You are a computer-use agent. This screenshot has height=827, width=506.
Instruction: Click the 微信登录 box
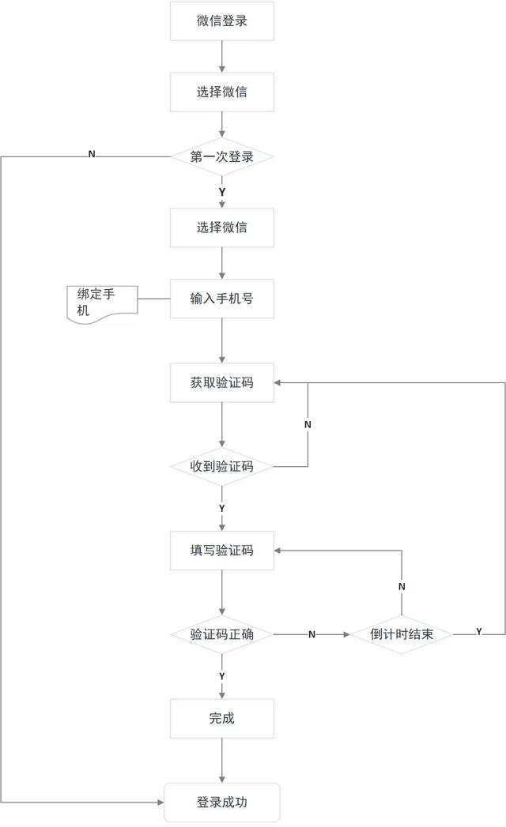tap(222, 21)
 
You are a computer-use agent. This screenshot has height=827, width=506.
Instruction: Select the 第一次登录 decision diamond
tap(222, 156)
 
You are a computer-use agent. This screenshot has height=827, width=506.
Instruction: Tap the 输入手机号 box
tap(222, 299)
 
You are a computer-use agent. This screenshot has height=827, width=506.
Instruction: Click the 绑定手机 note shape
tap(103, 304)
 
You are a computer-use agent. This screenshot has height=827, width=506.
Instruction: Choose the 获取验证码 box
tap(222, 382)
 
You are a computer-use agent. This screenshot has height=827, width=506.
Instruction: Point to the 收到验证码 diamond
tap(222, 466)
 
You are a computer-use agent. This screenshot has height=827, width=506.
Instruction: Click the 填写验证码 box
tap(222, 550)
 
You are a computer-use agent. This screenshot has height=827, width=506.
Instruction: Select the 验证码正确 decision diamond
tap(222, 634)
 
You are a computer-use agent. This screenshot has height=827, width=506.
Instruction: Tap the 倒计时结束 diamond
tap(402, 634)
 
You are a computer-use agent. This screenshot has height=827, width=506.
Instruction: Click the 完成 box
tap(222, 718)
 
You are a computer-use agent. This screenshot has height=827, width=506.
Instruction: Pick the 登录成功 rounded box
tap(222, 803)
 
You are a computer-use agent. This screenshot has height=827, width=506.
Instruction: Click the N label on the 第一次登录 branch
tap(92, 155)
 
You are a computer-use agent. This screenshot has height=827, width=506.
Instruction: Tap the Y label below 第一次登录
tap(222, 192)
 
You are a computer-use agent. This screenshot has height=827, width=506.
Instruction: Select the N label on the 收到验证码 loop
tap(308, 425)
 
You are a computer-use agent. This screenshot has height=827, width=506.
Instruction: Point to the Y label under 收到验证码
tap(222, 509)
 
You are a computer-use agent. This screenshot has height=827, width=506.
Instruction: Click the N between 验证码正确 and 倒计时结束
tap(312, 634)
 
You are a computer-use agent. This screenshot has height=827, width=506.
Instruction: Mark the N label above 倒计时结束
tap(402, 587)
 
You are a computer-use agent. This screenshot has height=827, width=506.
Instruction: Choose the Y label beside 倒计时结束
tap(479, 631)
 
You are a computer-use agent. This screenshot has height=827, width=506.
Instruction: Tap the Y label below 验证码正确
tap(222, 676)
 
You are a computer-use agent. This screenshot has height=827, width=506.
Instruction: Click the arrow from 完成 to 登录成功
tap(222, 761)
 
